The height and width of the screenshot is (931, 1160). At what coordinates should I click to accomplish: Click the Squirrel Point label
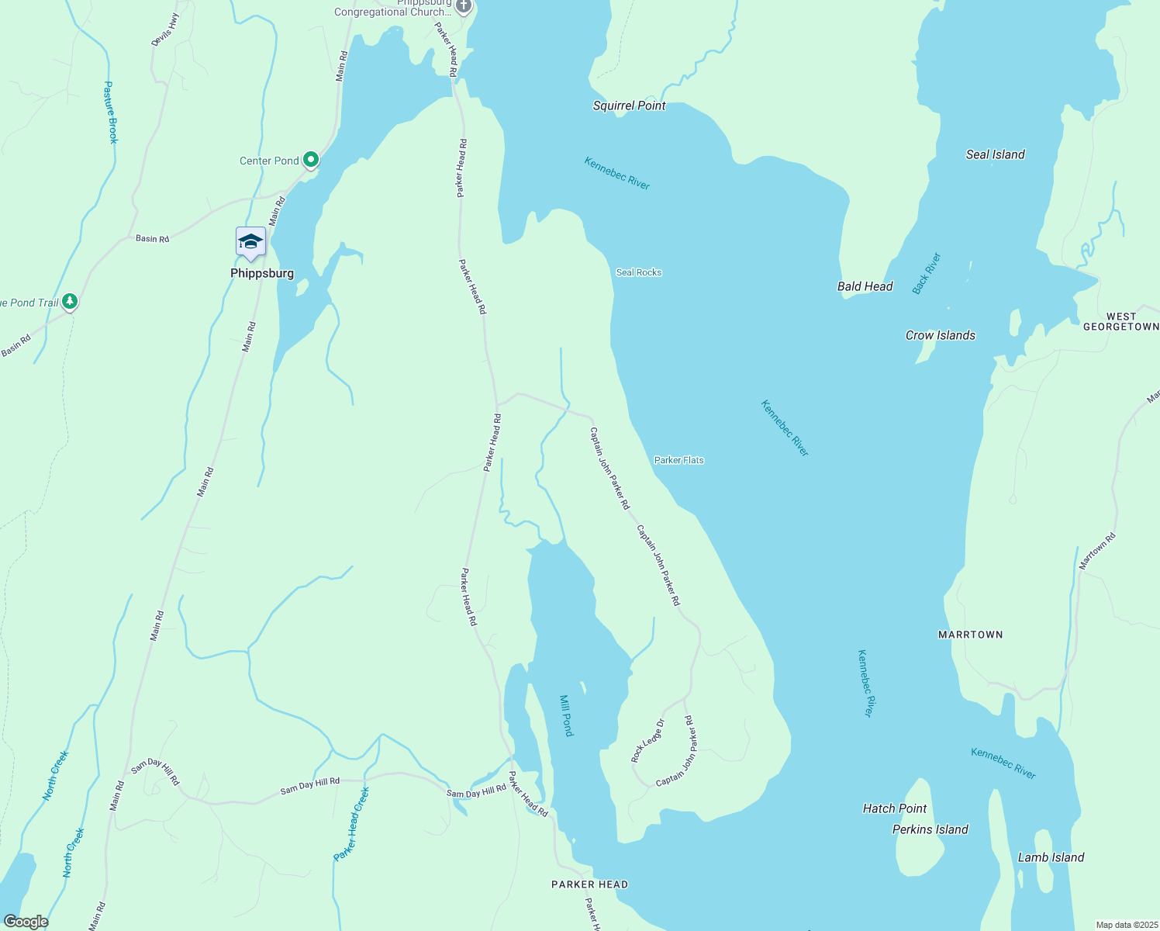click(x=629, y=106)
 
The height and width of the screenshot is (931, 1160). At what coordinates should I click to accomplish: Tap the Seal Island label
click(x=995, y=154)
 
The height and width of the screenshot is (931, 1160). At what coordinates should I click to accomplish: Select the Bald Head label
click(x=865, y=286)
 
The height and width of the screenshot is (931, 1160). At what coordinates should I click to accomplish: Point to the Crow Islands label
click(x=940, y=335)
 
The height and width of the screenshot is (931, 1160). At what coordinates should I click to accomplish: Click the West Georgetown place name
click(x=1120, y=322)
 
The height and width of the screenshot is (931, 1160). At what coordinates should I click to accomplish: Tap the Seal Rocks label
click(x=638, y=272)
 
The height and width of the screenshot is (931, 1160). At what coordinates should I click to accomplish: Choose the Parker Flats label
click(x=678, y=460)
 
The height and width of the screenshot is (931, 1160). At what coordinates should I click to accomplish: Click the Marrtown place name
click(x=970, y=635)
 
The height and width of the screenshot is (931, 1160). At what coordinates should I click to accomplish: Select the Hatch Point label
click(x=894, y=808)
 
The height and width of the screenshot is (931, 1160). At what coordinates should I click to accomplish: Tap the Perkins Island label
click(x=930, y=829)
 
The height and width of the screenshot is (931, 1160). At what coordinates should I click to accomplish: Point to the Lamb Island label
click(x=1051, y=857)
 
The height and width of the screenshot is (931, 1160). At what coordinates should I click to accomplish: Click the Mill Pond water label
click(x=567, y=715)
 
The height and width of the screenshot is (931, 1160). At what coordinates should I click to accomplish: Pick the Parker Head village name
click(x=589, y=884)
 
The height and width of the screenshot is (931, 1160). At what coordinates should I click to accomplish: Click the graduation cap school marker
click(x=250, y=241)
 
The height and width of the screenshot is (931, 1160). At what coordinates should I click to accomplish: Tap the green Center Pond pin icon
click(x=311, y=160)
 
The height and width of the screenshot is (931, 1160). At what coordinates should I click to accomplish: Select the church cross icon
click(x=463, y=6)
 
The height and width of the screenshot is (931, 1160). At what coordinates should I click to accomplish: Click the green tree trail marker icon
click(x=70, y=301)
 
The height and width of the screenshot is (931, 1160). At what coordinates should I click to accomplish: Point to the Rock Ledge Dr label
click(x=647, y=741)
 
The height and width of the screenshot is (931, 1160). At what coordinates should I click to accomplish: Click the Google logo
click(x=26, y=922)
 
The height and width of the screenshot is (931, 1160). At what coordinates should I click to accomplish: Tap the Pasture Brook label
click(x=110, y=112)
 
